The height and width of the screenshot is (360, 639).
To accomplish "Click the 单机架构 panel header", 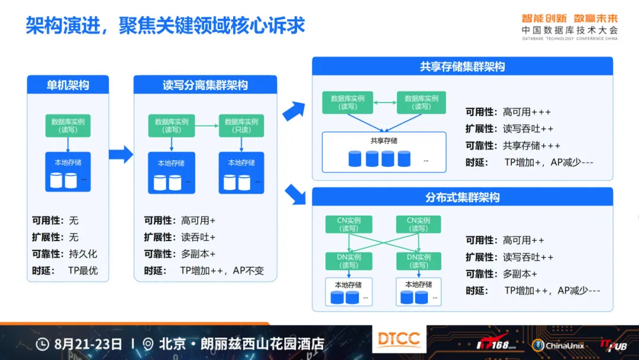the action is (67, 85).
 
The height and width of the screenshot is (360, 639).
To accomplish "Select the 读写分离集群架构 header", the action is (205, 85).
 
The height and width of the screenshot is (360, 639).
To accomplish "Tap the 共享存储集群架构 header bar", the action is (463, 66).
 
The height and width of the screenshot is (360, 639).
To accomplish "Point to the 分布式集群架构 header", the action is (463, 197).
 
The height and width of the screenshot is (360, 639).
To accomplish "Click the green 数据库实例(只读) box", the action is (241, 126).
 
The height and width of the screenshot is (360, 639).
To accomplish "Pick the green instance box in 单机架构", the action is (67, 126).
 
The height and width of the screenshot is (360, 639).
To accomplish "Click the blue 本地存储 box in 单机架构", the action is (67, 172).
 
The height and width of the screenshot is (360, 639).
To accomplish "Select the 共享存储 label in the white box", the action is (384, 141).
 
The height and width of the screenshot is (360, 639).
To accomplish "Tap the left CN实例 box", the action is (349, 224).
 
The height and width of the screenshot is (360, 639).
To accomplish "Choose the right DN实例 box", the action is (418, 261).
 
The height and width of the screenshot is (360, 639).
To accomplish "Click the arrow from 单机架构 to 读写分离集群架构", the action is (121, 155).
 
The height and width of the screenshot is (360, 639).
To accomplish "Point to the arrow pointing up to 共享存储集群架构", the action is (294, 111).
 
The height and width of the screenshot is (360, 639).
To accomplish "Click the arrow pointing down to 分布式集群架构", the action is (295, 194).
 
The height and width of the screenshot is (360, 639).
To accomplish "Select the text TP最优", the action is (83, 271).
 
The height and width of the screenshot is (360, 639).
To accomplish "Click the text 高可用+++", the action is (527, 112).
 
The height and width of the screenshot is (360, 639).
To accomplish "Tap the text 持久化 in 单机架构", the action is (83, 253).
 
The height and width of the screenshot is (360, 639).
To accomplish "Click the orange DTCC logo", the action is (399, 339).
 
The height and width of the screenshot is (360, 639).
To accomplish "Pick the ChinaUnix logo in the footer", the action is (558, 346).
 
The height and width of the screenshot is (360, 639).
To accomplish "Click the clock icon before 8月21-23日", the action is (43, 344).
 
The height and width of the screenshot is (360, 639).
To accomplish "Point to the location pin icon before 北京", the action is (148, 344).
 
